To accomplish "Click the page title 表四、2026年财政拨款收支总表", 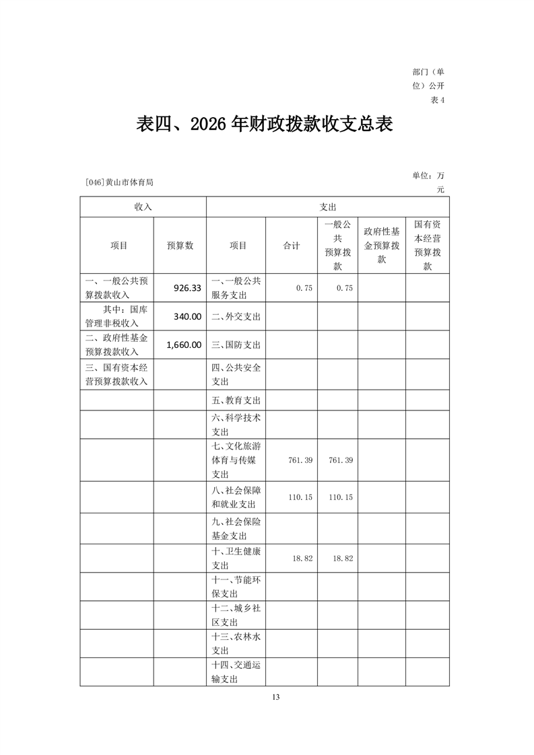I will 265,125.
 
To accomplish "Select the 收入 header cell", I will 143,207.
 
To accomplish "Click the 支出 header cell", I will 327,207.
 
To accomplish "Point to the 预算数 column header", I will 180,246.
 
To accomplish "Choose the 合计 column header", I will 292,246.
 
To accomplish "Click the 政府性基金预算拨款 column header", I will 381,246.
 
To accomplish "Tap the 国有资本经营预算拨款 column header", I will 427,246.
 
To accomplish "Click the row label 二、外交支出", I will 236,316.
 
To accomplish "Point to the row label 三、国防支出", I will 236,345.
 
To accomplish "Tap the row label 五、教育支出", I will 236,400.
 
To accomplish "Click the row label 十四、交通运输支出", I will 236,672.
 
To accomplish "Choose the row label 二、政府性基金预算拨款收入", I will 116,345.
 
